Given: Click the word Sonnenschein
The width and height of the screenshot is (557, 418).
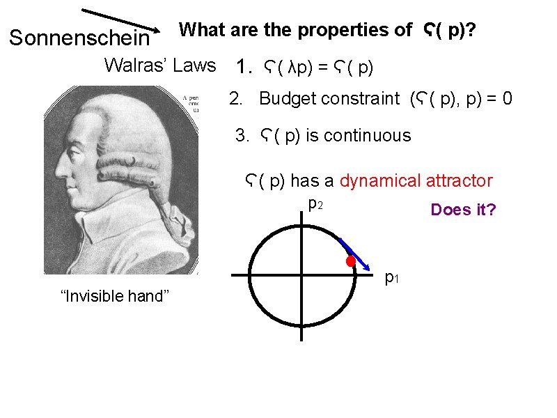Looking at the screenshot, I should (79, 38).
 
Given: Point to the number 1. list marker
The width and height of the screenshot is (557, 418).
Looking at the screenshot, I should (243, 68).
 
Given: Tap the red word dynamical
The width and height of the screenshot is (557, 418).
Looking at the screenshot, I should (381, 181).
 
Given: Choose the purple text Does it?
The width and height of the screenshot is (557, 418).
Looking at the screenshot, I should (463, 210).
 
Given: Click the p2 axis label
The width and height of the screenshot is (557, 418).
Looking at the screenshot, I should (315, 204).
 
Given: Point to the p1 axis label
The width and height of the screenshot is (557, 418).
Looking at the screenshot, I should (393, 278).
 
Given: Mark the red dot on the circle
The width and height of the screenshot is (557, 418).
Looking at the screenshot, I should (351, 261).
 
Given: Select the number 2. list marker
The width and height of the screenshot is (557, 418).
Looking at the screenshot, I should (237, 99).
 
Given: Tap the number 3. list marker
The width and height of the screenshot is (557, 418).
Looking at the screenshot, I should (242, 135).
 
